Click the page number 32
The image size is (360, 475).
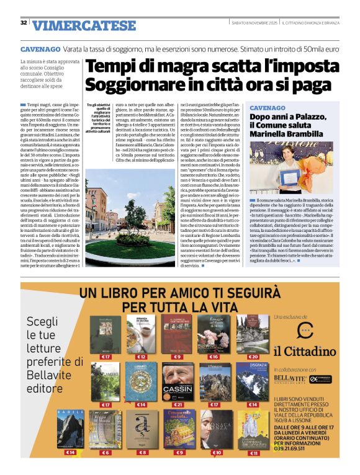(24, 23)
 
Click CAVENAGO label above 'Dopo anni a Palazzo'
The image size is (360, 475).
(268, 107)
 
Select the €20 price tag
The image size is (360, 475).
(253, 357)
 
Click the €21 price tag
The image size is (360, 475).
(179, 404)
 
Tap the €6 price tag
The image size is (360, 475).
(106, 453)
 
